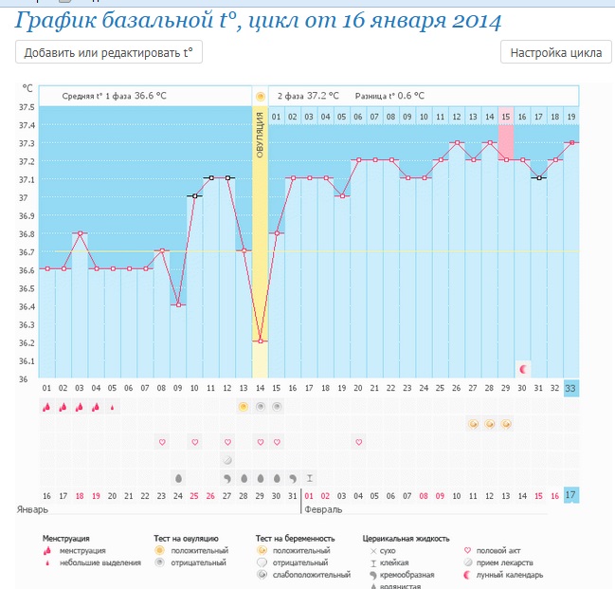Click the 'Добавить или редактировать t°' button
pos(109,53)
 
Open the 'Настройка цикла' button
pos(555,53)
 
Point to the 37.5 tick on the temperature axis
pos(27,107)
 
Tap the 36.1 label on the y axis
pos(27,361)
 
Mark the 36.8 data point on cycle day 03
pos(81,232)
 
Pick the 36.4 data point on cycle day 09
pos(178,304)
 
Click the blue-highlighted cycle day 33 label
pos(570,388)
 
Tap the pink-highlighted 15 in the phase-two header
pos(506,117)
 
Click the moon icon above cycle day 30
pos(522,367)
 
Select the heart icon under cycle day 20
pos(358,442)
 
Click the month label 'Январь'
pos(34,509)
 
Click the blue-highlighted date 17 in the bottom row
pos(570,494)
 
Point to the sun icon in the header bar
pos(260,96)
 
